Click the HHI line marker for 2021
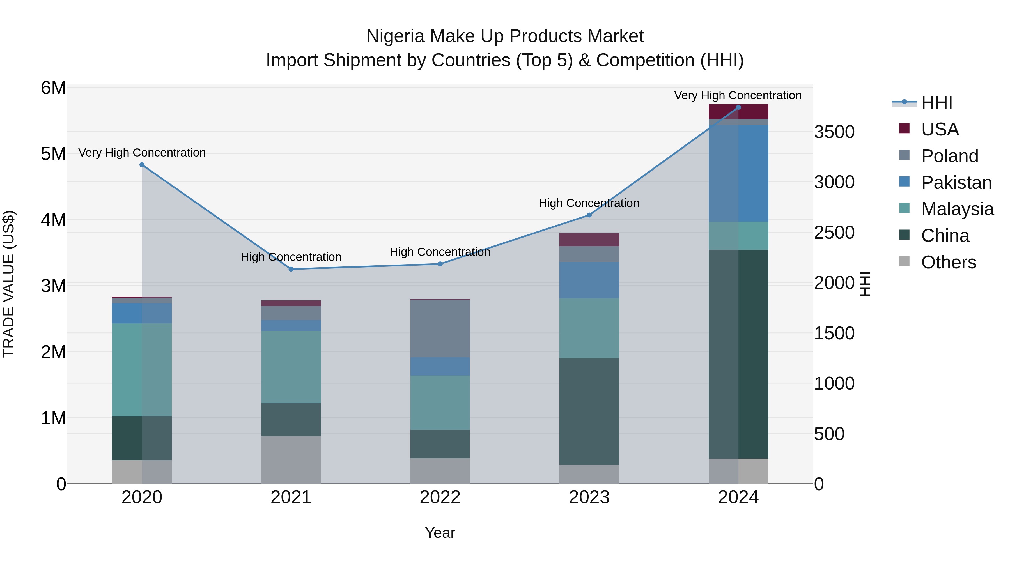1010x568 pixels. [x=291, y=269]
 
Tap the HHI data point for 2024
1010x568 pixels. [x=738, y=107]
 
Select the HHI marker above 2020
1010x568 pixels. [x=142, y=165]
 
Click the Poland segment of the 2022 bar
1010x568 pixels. [x=440, y=328]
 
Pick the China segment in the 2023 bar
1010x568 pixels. [x=589, y=411]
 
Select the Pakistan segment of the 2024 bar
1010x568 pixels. [x=738, y=173]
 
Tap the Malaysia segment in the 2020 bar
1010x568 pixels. [x=142, y=370]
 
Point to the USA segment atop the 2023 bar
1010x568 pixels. [x=589, y=240]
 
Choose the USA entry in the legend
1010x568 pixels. [x=940, y=129]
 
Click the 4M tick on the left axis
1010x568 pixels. [x=53, y=220]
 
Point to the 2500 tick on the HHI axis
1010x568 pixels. [x=834, y=233]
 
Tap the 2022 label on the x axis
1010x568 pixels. [x=440, y=497]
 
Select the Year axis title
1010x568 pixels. [x=440, y=533]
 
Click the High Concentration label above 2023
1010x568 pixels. [x=589, y=203]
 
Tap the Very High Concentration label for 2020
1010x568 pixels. [x=142, y=153]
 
